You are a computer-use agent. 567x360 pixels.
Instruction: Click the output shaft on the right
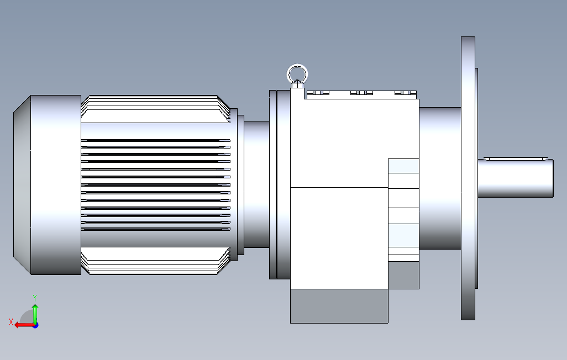(x=515, y=178)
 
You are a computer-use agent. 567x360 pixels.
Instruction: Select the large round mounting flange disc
(x=468, y=178)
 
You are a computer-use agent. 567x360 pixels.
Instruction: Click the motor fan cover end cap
(x=47, y=185)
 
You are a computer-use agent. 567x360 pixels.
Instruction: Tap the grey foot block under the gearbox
(x=339, y=306)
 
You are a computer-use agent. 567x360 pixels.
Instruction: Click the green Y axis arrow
(x=35, y=314)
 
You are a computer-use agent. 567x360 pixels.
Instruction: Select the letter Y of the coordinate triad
(x=35, y=298)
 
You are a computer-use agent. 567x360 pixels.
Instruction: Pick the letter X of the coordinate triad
(x=11, y=322)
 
